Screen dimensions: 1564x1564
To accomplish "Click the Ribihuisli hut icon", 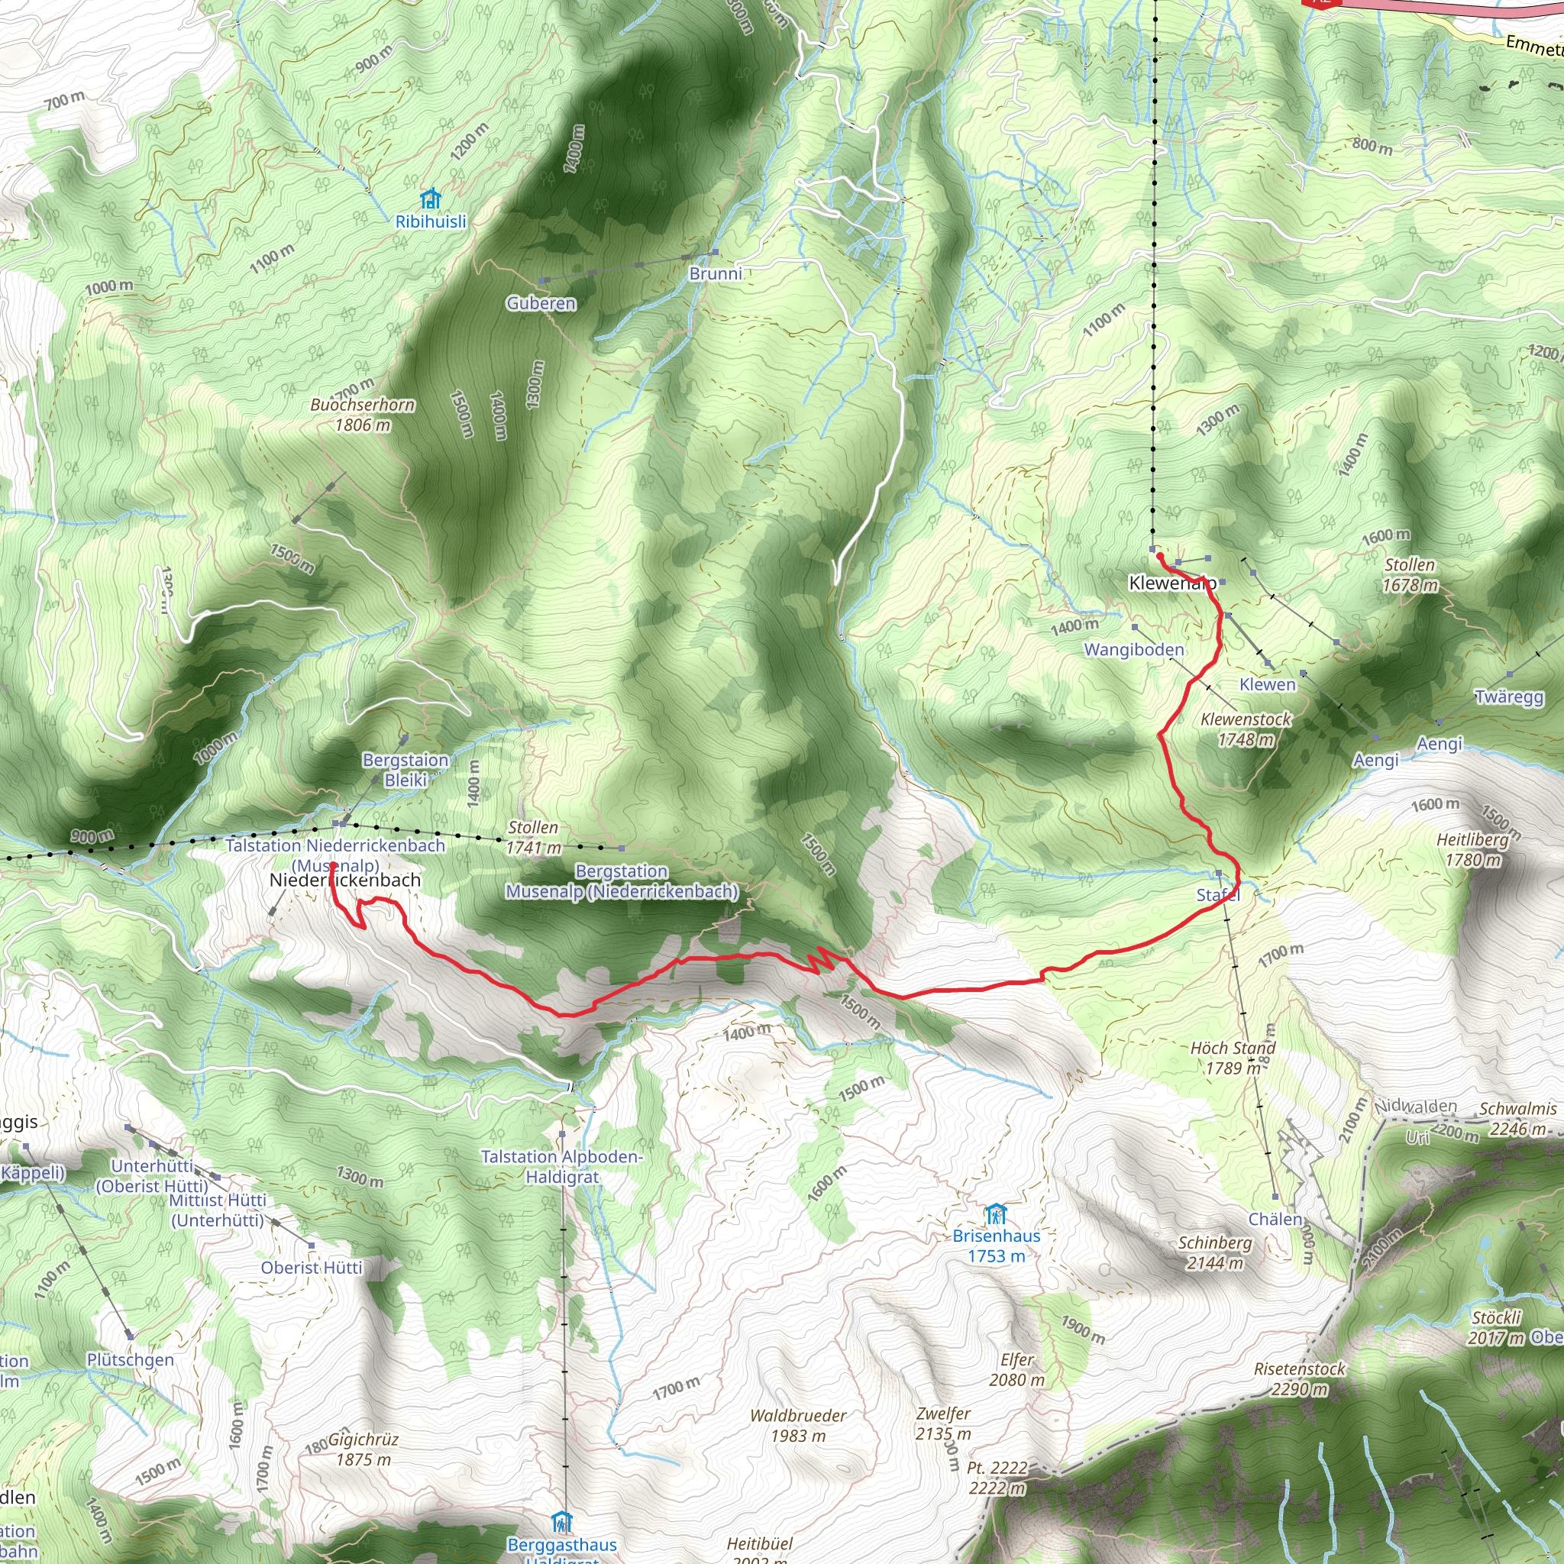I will click(431, 198).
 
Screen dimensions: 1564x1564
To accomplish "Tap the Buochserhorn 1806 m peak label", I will click(363, 415).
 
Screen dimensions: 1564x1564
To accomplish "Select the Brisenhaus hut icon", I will click(996, 1214).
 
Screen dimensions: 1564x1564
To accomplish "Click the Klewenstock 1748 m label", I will click(1246, 729).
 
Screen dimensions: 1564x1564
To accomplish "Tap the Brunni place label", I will click(715, 273).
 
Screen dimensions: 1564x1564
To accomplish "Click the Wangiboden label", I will click(1133, 649).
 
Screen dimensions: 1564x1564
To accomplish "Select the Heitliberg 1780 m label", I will click(1472, 849).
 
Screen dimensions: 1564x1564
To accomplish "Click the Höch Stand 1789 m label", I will click(1232, 1057).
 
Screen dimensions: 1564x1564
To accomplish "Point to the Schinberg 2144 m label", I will click(1214, 1252).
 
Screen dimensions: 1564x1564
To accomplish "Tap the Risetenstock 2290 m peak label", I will click(1299, 1378).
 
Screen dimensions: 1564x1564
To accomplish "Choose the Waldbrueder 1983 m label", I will click(798, 1426).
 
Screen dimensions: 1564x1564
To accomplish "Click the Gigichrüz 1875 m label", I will click(364, 1449).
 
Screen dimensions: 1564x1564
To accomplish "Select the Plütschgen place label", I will click(131, 1359).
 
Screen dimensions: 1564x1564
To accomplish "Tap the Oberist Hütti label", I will click(312, 1268).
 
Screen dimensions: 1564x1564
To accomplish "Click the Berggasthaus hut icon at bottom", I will click(561, 1522).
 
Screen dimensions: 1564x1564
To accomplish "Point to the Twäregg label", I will click(1509, 697).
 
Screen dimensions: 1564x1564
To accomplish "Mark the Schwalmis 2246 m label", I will click(1518, 1119).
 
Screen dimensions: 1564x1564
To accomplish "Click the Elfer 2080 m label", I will click(1016, 1370).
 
